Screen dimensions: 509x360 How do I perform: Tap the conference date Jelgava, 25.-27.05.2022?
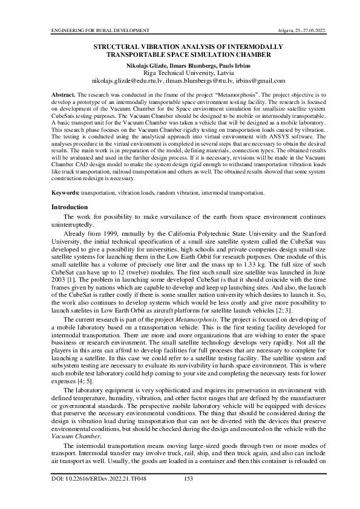pyautogui.click(x=285, y=29)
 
